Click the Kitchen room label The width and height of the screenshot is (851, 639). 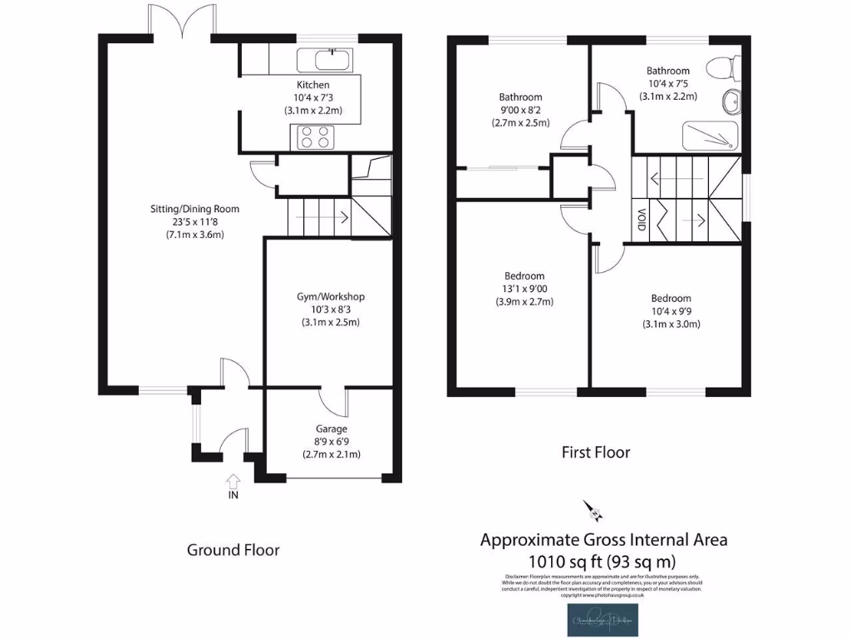313,85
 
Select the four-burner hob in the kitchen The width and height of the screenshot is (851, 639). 312,136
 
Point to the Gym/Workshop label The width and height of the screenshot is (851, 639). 330,296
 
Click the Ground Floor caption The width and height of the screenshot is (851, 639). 233,550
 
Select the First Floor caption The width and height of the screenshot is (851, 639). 596,453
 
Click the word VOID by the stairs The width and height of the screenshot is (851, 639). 642,220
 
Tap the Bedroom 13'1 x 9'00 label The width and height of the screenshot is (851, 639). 524,289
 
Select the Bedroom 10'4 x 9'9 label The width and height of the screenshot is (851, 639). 671,310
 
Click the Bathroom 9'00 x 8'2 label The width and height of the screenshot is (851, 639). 520,109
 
